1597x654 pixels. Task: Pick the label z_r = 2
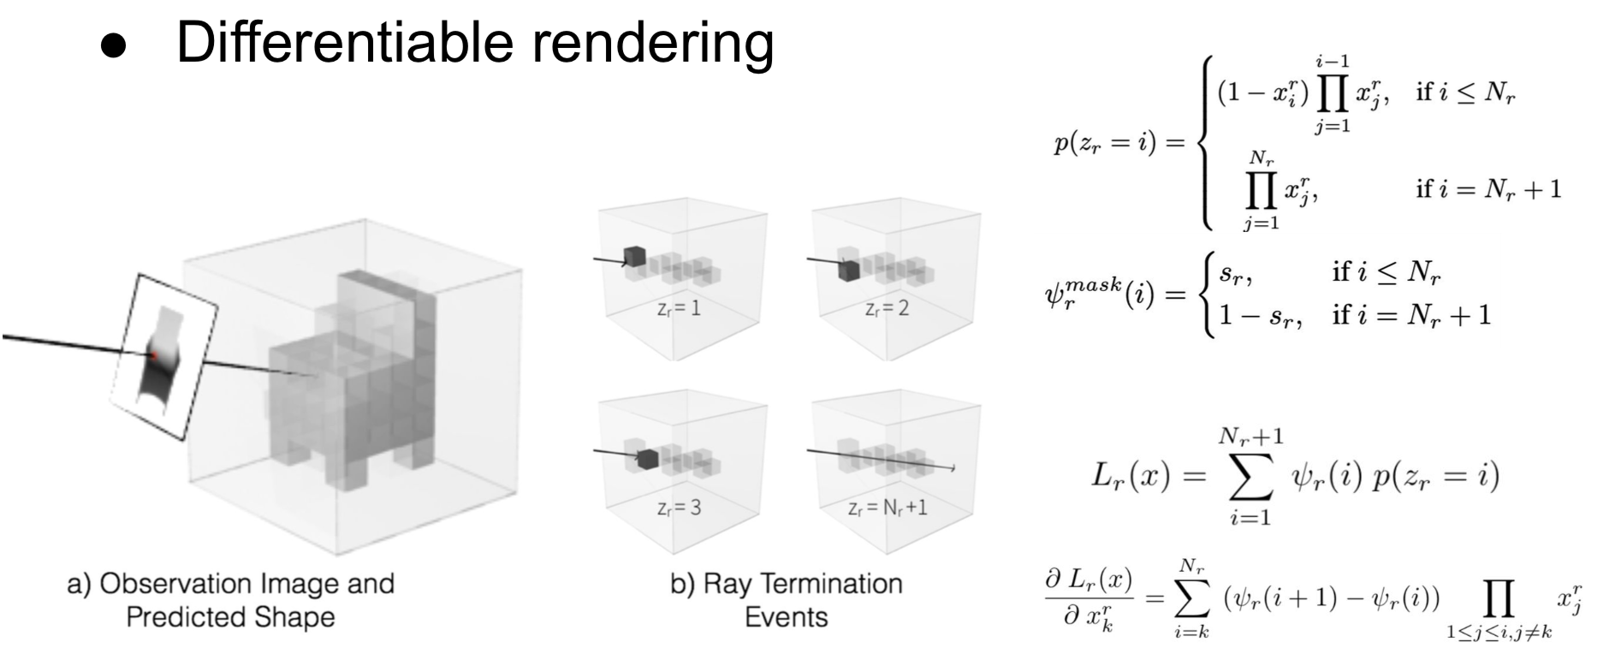click(887, 308)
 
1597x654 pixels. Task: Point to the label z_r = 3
click(679, 508)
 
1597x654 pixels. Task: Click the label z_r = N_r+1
click(887, 508)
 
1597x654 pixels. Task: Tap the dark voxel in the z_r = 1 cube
click(634, 255)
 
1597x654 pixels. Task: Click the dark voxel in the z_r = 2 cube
click(847, 270)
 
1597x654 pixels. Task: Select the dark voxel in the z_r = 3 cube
click(647, 459)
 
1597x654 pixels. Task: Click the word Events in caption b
click(787, 617)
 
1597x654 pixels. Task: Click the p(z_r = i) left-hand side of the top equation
click(1115, 143)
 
